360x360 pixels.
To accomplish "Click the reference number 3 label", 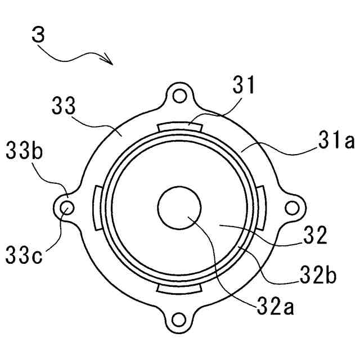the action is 38,34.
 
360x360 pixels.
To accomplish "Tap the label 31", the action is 244,85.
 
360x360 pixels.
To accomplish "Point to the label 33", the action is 64,106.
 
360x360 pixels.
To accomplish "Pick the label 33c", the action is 24,255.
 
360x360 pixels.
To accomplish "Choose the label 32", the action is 315,235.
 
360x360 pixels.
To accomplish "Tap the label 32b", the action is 318,274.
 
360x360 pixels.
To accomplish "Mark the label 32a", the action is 275,305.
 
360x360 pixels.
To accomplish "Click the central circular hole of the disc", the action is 179,208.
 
